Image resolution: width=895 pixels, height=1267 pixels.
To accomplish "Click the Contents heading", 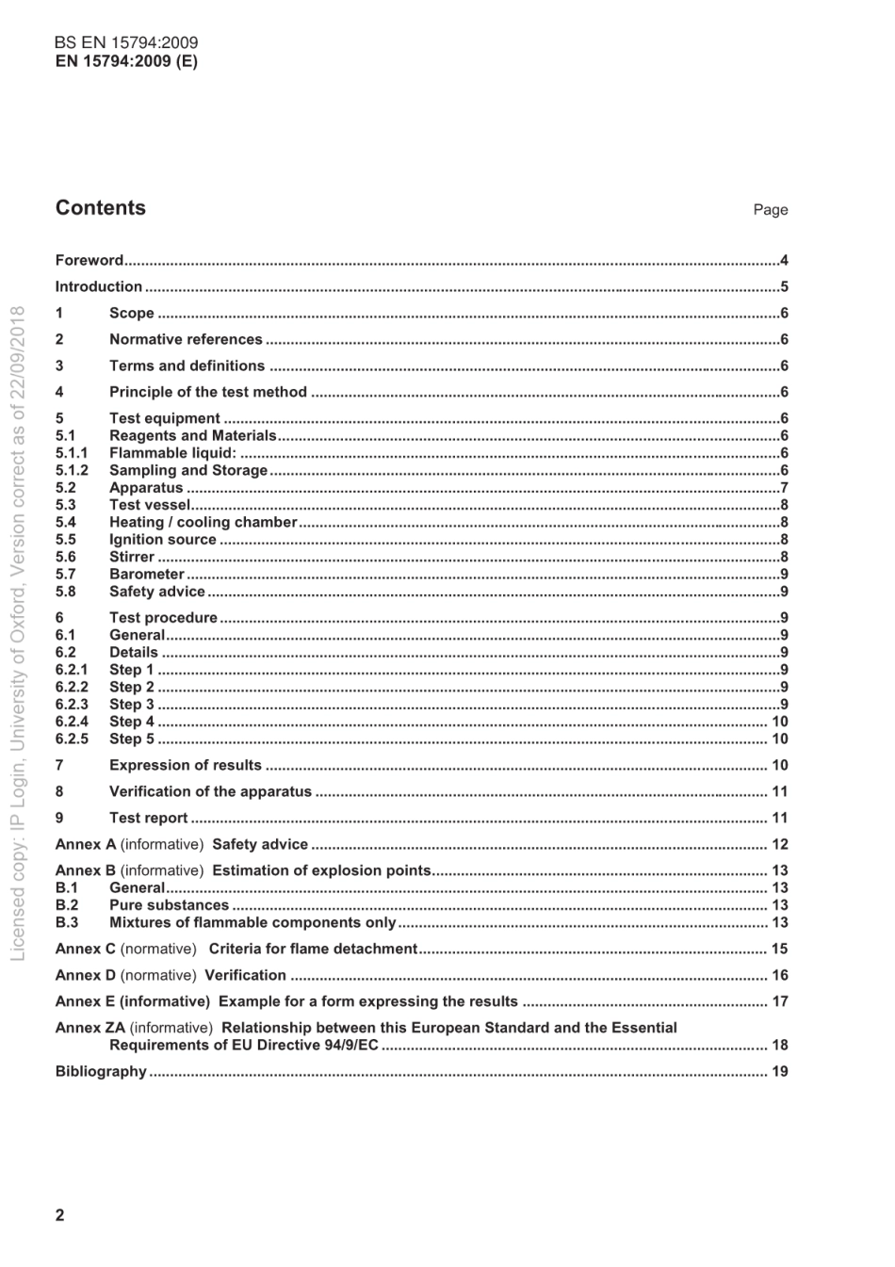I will tap(101, 208).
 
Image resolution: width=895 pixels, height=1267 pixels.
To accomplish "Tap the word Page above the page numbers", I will tap(770, 210).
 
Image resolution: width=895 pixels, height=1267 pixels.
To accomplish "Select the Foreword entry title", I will tap(89, 261).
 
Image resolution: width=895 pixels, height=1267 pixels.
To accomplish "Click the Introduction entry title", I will tap(99, 287).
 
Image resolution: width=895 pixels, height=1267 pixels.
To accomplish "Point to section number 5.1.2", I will tap(72, 471).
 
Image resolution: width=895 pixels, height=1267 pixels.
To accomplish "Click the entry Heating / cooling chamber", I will tap(203, 523).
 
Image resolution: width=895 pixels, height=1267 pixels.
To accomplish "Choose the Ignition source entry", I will tap(163, 540).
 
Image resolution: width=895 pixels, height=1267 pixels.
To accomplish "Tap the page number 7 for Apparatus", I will tap(784, 488).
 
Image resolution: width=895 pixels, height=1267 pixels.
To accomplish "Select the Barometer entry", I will tap(147, 575).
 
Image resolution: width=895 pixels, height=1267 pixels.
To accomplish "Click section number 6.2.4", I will tap(72, 723).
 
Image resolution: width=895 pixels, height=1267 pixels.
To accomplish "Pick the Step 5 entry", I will tap(132, 739).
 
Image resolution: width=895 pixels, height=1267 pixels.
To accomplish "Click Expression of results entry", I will tap(186, 766).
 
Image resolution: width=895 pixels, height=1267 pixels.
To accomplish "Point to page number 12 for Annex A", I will tap(780, 845).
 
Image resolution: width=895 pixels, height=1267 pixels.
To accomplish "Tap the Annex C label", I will tap(86, 950).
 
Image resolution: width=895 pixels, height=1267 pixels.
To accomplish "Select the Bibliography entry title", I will tap(101, 1072).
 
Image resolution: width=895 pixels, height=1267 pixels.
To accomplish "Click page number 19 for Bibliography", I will tap(780, 1072).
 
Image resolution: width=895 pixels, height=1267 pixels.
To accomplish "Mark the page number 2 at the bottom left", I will tap(60, 1215).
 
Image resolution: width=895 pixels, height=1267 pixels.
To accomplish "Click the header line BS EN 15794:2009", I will tap(126, 43).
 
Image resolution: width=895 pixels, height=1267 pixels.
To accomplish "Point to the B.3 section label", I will tap(67, 923).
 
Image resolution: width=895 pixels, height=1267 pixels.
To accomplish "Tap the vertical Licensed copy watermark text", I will tap(18, 631).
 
